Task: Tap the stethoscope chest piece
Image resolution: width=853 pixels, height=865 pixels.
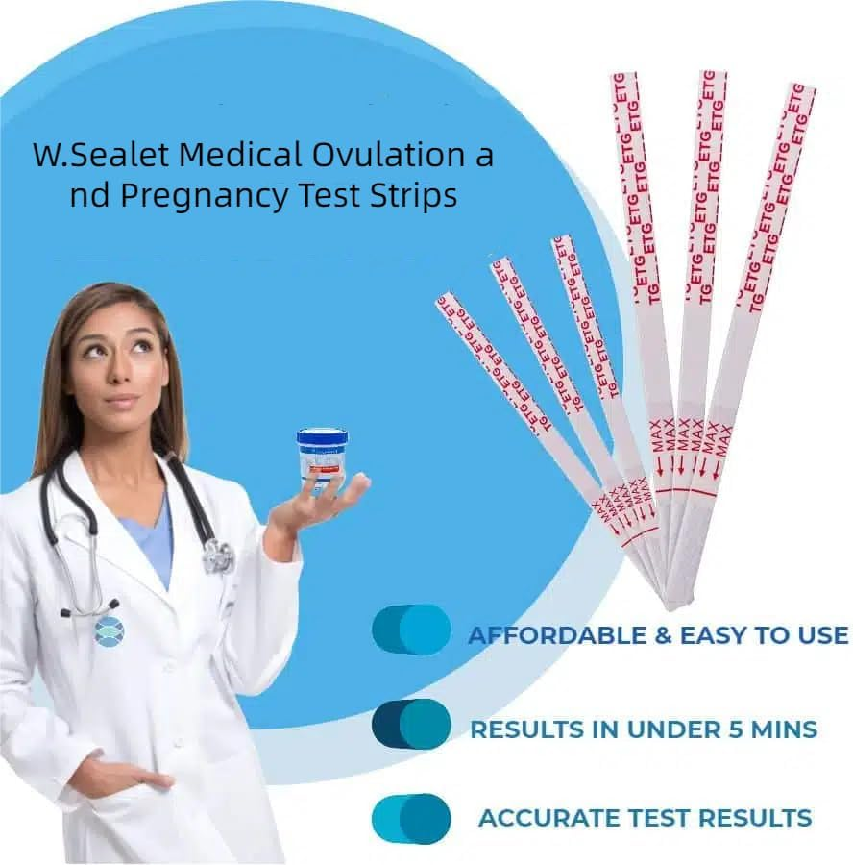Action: pos(219,556)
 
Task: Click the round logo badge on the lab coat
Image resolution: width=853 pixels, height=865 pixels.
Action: pos(109,630)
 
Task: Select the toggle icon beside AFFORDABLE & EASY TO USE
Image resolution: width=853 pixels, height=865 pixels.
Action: pos(411,630)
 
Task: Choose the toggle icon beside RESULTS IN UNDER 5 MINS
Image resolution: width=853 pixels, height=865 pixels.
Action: pos(411,725)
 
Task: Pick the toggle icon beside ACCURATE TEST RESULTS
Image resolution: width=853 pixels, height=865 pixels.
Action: pos(411,819)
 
